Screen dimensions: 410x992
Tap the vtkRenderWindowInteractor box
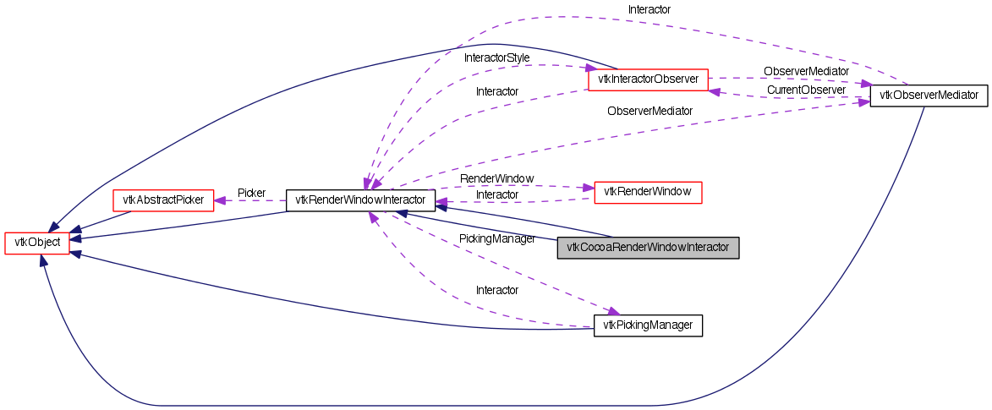pos(360,200)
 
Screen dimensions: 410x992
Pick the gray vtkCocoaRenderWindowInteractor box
pos(648,248)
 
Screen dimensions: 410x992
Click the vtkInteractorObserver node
pos(647,79)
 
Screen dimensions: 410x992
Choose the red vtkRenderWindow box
pos(648,192)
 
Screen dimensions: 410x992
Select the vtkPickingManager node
pos(648,325)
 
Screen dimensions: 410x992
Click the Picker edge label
pos(251,193)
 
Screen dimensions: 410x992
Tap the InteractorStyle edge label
pos(496,57)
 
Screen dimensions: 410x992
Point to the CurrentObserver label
pos(805,90)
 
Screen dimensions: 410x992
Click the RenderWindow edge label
pos(496,179)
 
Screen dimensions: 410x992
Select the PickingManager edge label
pos(496,239)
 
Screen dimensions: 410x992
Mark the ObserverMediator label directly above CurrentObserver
pos(805,72)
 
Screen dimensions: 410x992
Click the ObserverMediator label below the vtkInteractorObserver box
pos(649,111)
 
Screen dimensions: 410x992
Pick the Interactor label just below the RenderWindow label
pos(496,194)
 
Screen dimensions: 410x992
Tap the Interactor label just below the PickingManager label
pos(496,290)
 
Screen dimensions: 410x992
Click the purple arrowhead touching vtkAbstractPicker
pos(220,200)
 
